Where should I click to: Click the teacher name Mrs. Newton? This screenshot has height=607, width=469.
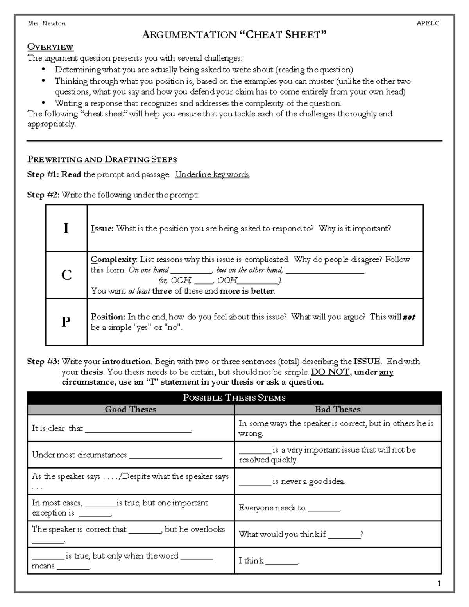pos(47,23)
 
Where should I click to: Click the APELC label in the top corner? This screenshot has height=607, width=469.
pos(428,23)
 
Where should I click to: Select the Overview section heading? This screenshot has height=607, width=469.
pos(50,47)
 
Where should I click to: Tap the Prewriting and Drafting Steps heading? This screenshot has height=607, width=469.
pos(102,159)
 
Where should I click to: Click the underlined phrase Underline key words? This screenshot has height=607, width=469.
pos(212,175)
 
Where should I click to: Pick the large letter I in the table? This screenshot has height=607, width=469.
pos(66,228)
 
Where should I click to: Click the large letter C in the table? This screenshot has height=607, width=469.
pos(66,275)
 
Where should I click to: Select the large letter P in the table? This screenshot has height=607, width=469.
pos(66,322)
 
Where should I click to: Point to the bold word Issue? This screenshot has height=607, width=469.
pos(102,229)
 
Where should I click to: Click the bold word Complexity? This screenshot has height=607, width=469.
pos(113,260)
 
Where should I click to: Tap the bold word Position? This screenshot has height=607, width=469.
pos(108,317)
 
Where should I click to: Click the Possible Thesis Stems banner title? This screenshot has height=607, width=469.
pos(234,398)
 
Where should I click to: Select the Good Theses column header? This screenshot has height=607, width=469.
pos(131,410)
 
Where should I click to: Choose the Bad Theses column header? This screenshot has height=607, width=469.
pos(338,410)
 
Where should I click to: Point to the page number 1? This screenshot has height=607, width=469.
pos(439,583)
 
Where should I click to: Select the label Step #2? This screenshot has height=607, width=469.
pos(43,195)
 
